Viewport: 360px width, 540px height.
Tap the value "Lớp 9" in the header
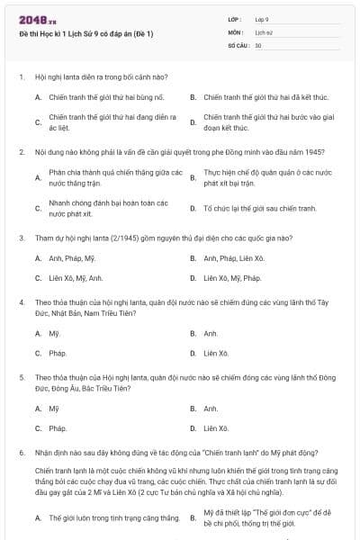[262, 19]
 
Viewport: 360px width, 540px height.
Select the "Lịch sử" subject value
[264, 31]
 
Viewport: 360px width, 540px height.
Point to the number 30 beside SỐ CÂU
[258, 44]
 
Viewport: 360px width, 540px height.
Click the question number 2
[22, 151]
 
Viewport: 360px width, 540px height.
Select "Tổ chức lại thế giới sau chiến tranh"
[259, 208]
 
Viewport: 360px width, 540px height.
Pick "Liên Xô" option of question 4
[216, 353]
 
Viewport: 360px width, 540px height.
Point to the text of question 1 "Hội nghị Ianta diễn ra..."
[101, 76]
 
